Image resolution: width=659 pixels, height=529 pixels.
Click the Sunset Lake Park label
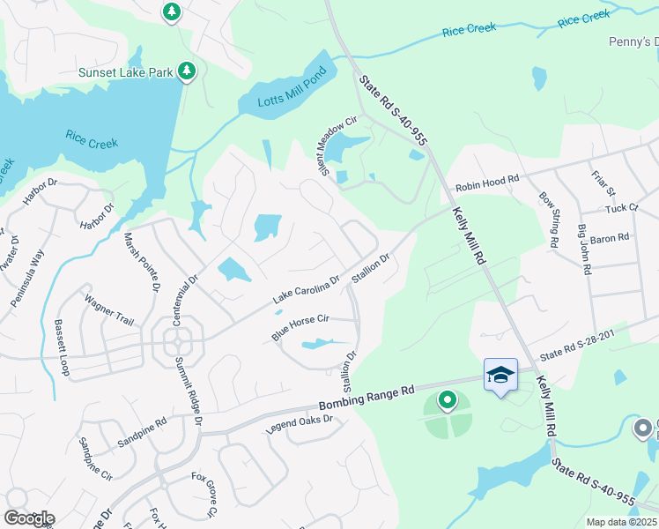[127, 72]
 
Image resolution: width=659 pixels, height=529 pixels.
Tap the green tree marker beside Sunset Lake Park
[186, 71]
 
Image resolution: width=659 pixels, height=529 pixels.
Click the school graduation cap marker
[500, 375]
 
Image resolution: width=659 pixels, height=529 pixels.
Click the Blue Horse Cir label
[300, 329]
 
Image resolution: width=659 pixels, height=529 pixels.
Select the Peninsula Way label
[27, 278]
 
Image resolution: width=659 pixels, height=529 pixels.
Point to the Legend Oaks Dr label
[299, 424]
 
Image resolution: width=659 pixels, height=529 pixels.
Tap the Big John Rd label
[584, 250]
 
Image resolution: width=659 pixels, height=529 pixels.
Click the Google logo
[29, 518]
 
